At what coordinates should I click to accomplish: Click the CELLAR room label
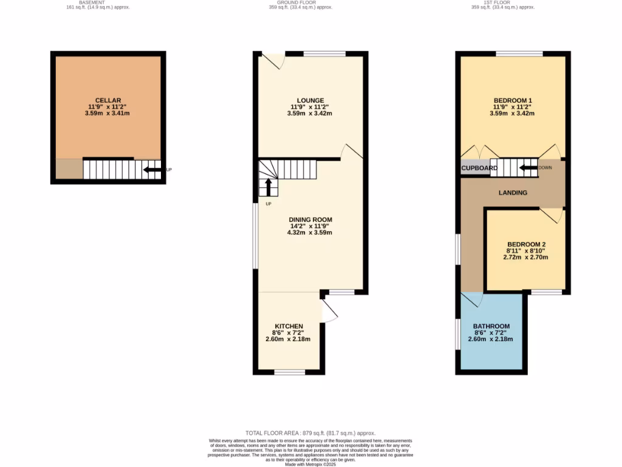(108, 100)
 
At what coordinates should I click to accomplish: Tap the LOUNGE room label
(310, 100)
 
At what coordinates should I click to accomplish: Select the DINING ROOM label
(310, 220)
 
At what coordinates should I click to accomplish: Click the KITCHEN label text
(289, 327)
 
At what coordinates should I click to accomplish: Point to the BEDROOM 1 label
(513, 100)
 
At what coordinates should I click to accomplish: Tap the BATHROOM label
(491, 327)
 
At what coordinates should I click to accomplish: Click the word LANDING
(513, 193)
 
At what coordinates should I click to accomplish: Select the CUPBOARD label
(479, 168)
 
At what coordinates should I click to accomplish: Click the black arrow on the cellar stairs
(151, 170)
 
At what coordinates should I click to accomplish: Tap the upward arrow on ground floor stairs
(268, 186)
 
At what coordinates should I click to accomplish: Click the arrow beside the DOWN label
(528, 168)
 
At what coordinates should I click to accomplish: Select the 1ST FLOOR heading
(502, 2)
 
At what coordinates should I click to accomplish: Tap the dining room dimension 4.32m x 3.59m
(310, 232)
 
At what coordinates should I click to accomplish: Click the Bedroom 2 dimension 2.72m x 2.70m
(525, 257)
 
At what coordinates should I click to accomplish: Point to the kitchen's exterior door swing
(328, 311)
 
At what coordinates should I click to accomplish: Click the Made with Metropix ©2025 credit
(310, 465)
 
